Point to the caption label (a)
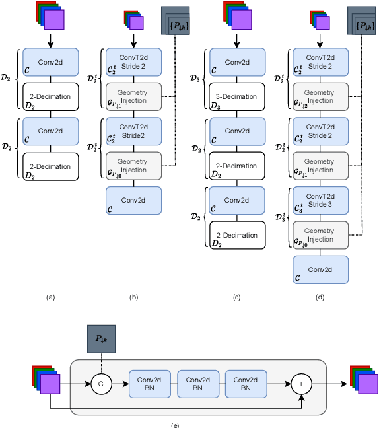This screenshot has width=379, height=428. click(51, 297)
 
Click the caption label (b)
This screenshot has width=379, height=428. click(133, 297)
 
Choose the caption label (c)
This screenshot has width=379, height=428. click(236, 297)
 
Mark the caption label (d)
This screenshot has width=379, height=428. click(320, 297)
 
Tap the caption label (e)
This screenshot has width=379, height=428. click(175, 424)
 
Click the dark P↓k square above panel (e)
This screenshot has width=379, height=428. click(102, 339)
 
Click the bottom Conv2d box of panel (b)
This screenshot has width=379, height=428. click(134, 200)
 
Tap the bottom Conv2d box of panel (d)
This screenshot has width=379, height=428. click(320, 270)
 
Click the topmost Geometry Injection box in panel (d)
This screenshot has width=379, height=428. click(320, 96)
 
